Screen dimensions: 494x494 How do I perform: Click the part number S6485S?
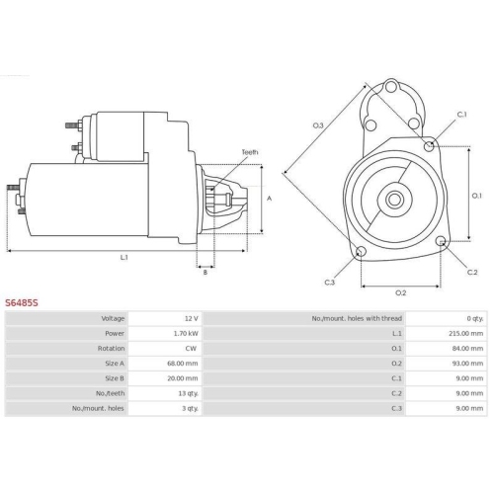[x=22, y=302]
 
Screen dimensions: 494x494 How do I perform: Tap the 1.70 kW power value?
[x=186, y=333]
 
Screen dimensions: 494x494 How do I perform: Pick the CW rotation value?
[x=191, y=349]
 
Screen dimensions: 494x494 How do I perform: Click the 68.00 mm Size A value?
[x=183, y=364]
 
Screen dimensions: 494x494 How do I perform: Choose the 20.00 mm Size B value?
[x=183, y=378]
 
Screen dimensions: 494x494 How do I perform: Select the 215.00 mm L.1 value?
[x=466, y=333]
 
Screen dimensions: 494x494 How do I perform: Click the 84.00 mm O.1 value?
[x=467, y=349]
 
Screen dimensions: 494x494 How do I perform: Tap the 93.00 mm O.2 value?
[x=467, y=364]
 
